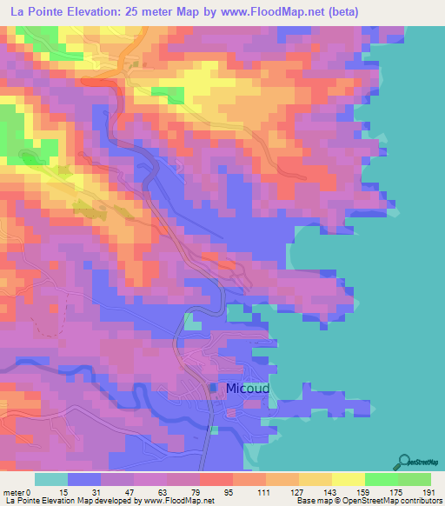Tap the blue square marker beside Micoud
tap(214, 388)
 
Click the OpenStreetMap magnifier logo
tap(404, 462)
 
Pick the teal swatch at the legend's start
tap(51, 479)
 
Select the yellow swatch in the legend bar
tap(348, 479)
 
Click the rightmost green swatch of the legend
tap(415, 479)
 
